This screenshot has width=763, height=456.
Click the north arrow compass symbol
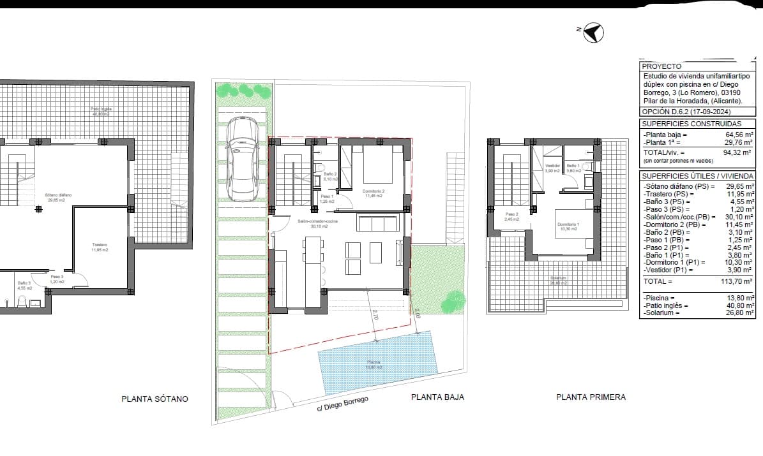pos(594,32)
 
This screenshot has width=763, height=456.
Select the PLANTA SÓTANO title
pos(155,399)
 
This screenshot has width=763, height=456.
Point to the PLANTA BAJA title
pos(437,397)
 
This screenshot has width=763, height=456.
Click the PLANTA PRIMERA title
pos(591,397)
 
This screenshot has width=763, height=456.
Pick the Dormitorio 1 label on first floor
pos(568,225)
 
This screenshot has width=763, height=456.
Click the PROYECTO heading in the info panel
pos(661,66)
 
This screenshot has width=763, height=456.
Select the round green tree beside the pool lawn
pos(454,300)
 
